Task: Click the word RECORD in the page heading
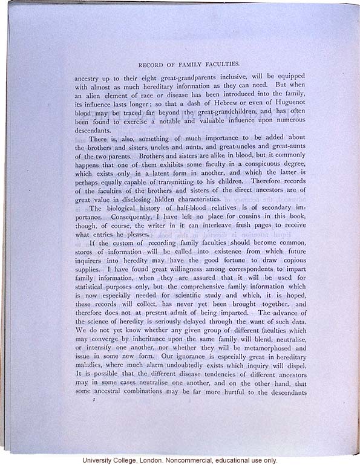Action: point(149,63)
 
